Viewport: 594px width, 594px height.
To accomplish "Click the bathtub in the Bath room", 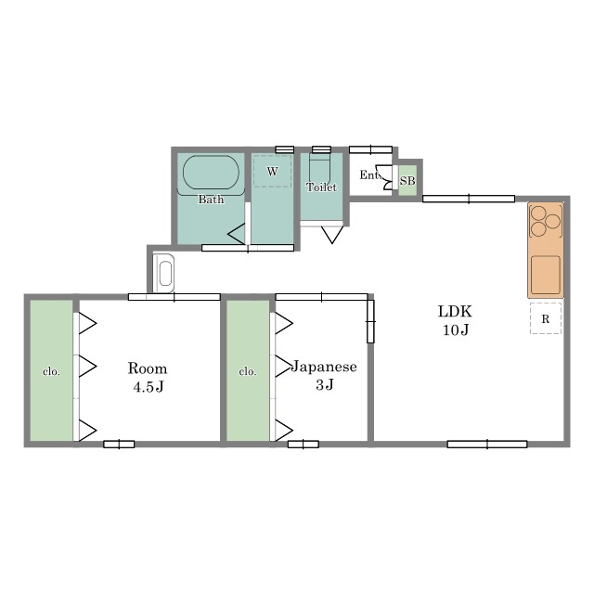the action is pyautogui.click(x=211, y=173).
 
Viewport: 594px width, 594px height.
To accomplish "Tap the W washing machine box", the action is pyautogui.click(x=272, y=171).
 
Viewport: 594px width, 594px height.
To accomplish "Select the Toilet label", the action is pyautogui.click(x=321, y=187).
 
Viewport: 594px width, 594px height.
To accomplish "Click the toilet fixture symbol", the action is pyautogui.click(x=320, y=167).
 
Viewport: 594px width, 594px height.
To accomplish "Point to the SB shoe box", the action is pyautogui.click(x=407, y=181).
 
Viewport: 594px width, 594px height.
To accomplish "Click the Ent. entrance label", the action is pyautogui.click(x=369, y=175).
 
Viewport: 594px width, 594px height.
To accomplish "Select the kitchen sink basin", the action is pyautogui.click(x=546, y=275).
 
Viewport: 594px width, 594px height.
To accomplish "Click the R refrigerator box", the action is pyautogui.click(x=546, y=318).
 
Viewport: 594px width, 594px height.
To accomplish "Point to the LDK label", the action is pyautogui.click(x=455, y=312).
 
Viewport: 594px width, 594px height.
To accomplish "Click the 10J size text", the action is pyautogui.click(x=456, y=330).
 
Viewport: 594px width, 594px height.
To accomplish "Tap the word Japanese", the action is pyautogui.click(x=324, y=367).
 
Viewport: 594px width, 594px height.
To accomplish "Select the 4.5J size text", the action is pyautogui.click(x=148, y=387).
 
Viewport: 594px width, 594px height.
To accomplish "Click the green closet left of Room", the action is pyautogui.click(x=51, y=370).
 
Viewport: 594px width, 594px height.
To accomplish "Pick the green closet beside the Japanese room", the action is pyautogui.click(x=248, y=370).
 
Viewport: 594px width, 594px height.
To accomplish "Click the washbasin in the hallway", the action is pyautogui.click(x=163, y=273).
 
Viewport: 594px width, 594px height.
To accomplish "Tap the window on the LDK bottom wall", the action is pyautogui.click(x=487, y=444).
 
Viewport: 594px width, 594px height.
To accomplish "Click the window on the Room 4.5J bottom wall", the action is pyautogui.click(x=119, y=444).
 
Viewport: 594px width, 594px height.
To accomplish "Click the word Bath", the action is pyautogui.click(x=211, y=200).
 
